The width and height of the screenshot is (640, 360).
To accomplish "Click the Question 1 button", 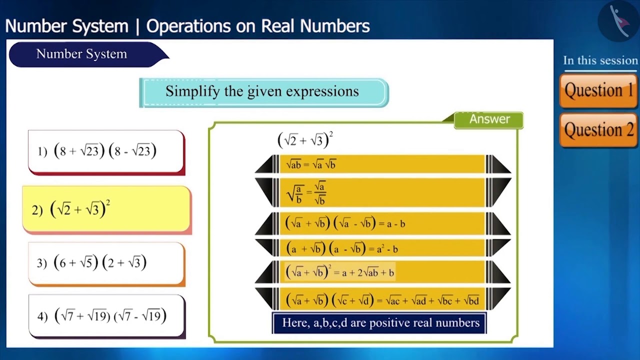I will [x=598, y=90].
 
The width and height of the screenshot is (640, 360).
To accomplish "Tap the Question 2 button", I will [x=598, y=130].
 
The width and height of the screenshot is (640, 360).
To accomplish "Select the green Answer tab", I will [x=489, y=119].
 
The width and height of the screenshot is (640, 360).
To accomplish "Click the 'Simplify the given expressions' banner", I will [x=263, y=92].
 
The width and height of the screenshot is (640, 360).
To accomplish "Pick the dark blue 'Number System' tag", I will [x=82, y=54].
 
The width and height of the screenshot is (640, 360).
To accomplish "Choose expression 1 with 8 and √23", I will [x=106, y=151].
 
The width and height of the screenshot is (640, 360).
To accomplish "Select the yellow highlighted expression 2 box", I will [x=106, y=209].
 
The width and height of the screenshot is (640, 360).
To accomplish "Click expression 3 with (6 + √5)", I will [x=106, y=263].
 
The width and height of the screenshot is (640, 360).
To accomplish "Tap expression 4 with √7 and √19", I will [x=106, y=316].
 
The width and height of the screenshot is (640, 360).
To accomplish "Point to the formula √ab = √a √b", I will [x=311, y=164].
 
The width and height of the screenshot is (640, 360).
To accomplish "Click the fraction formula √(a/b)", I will [x=306, y=192].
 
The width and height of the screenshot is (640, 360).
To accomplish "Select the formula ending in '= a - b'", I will [x=345, y=223].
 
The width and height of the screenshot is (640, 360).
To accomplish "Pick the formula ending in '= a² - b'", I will [x=342, y=248].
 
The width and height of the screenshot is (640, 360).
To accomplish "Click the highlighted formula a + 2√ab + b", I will [x=340, y=272].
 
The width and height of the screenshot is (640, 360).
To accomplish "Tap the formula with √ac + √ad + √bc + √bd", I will [x=382, y=300].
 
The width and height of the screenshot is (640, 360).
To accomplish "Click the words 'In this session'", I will [x=600, y=60].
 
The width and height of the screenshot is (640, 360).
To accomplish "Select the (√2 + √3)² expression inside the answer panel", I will [x=305, y=140].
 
